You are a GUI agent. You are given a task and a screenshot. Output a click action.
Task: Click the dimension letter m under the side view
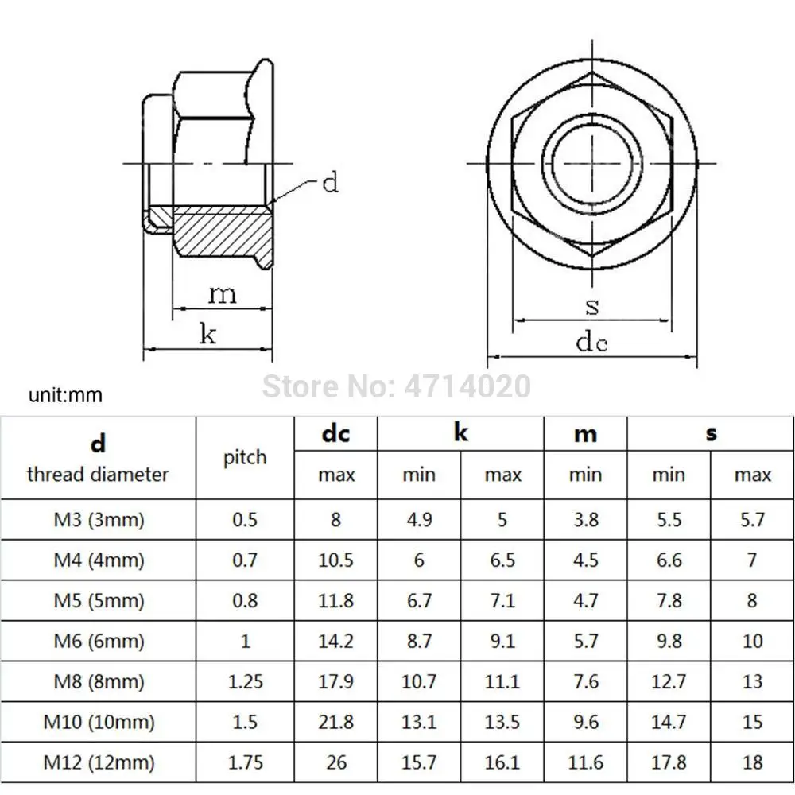pos(223,295)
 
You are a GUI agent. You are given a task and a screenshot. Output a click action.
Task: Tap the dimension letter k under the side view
pos(207,334)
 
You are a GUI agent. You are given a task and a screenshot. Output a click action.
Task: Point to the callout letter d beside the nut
pos(330,182)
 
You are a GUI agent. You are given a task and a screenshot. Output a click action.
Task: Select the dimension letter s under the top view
pos(591,306)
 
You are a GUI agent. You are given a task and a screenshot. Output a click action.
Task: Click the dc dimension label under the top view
pos(591,341)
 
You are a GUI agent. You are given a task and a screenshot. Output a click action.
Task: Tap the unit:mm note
pos(65,395)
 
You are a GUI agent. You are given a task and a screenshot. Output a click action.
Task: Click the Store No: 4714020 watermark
pos(397,386)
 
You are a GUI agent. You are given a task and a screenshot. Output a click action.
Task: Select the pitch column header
pos(245,458)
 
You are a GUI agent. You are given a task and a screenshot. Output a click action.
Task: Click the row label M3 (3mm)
pos(99,520)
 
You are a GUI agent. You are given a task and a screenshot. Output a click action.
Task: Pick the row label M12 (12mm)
pos(99,762)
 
